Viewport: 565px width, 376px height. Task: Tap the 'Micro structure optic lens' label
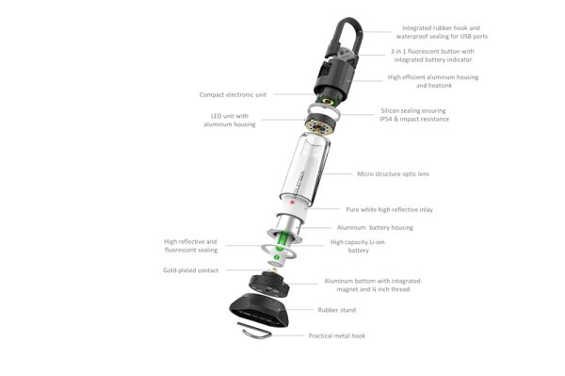pyautogui.click(x=393, y=174)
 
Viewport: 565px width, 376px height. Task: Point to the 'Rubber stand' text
pyautogui.click(x=336, y=309)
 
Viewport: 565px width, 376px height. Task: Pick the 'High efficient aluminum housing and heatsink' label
pyautogui.click(x=429, y=81)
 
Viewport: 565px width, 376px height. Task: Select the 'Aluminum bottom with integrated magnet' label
pyautogui.click(x=372, y=286)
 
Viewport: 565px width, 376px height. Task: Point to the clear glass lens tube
pyautogui.click(x=304, y=170)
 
